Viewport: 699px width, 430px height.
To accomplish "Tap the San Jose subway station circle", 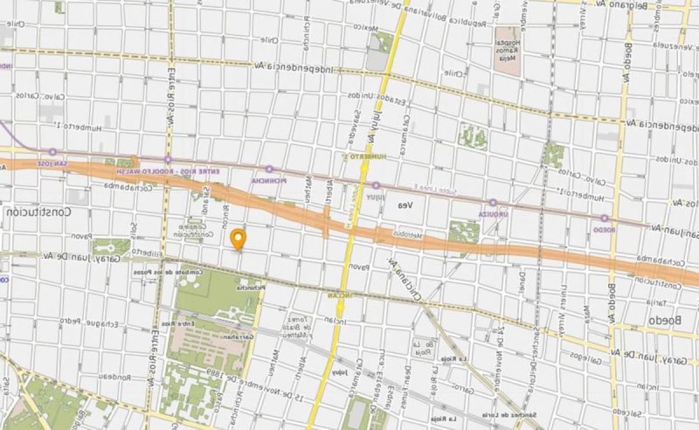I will [52, 152].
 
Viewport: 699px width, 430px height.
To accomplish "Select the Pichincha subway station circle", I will [269, 170].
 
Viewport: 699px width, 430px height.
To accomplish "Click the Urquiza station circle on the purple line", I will [493, 203].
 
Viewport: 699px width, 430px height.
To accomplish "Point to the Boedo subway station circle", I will [605, 218].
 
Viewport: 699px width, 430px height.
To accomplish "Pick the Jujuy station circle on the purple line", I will [376, 186].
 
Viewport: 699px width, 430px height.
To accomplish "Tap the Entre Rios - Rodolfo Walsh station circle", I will [168, 160].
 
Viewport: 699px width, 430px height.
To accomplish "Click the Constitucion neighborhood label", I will [39, 213].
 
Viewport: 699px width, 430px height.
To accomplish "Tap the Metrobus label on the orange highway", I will [407, 235].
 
